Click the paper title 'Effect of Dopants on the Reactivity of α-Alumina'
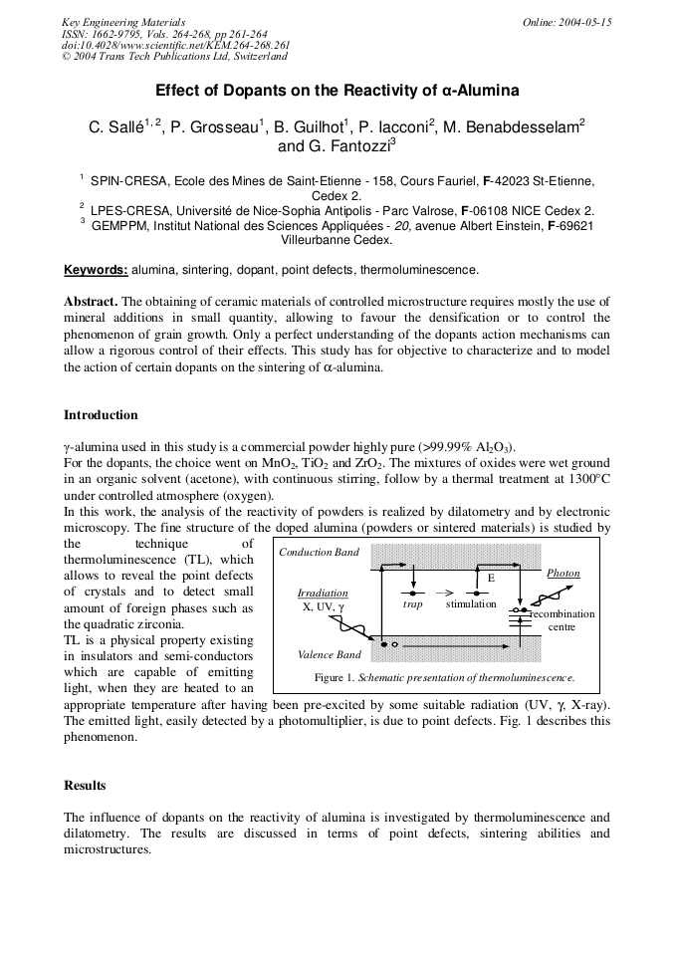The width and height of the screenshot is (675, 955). [337, 91]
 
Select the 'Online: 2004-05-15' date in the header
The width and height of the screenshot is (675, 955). [567, 22]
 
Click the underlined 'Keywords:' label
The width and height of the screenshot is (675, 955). [96, 269]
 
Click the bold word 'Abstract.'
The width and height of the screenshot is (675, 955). [91, 301]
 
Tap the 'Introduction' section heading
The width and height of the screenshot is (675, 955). [101, 414]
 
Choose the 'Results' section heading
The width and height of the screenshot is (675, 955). [85, 786]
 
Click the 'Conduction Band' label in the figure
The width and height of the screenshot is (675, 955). [319, 552]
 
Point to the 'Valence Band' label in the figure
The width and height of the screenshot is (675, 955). [330, 654]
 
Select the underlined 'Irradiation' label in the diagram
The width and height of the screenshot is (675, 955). [323, 593]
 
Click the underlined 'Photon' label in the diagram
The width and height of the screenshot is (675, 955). [563, 574]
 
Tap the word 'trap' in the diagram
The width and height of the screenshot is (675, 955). [412, 604]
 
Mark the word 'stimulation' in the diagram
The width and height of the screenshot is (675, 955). [471, 604]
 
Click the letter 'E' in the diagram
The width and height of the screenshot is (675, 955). [490, 579]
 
